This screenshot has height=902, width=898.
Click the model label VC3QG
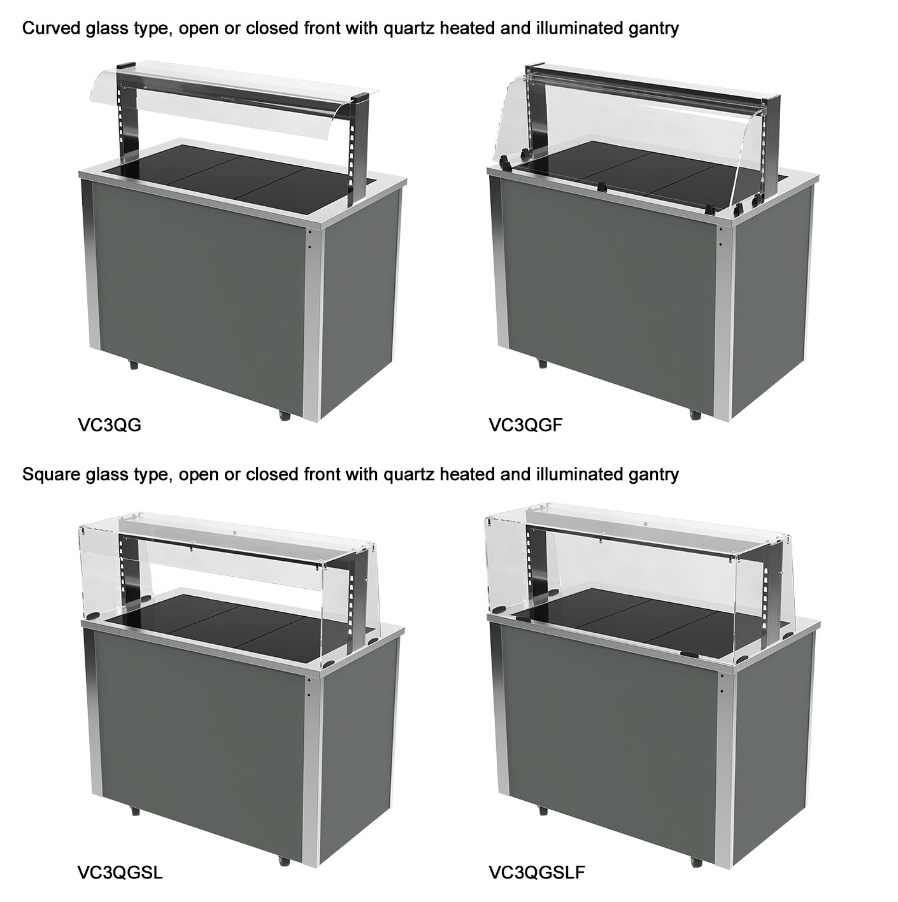[x=109, y=425]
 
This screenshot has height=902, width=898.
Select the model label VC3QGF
[x=525, y=425]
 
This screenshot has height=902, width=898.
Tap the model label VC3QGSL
[x=120, y=859]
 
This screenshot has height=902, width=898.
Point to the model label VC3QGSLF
[x=537, y=859]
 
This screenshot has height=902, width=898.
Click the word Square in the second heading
[x=51, y=475]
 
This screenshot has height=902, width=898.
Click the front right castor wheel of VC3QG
[x=284, y=415]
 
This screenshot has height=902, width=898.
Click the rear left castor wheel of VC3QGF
[x=542, y=363]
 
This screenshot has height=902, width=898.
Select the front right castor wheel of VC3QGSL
[x=284, y=847]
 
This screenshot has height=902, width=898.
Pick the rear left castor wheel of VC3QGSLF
[x=542, y=796]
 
